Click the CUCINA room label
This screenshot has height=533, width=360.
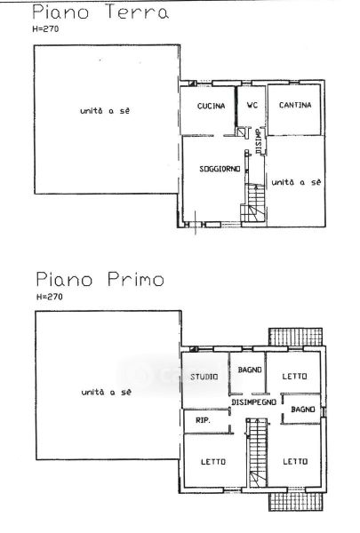coord(211,106)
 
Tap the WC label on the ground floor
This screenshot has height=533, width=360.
coord(252,105)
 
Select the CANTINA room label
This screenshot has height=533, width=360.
coord(295,105)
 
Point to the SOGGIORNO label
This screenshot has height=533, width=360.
coord(220,169)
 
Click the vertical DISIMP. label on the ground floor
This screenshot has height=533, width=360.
coord(259,141)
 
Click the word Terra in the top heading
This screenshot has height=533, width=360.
coord(137,12)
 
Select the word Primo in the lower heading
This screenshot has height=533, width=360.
coord(136,280)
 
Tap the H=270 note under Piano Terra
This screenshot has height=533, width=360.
coord(45,29)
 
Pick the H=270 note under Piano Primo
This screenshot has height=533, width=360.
coord(50,297)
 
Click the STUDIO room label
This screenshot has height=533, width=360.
coord(204,377)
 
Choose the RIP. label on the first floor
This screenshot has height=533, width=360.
coord(203,420)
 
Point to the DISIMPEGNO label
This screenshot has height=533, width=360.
coord(254,402)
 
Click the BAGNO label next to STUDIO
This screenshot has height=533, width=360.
coord(250,370)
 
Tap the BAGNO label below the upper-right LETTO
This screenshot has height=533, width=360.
coord(303,410)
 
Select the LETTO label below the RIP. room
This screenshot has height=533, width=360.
coord(213,462)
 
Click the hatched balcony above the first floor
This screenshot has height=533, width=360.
coord(295,337)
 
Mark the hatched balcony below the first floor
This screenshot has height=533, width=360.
coord(295,501)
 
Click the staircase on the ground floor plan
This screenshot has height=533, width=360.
coord(253,203)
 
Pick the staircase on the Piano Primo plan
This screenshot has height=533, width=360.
coord(257,453)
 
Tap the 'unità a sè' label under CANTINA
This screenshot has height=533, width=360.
coord(296,182)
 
